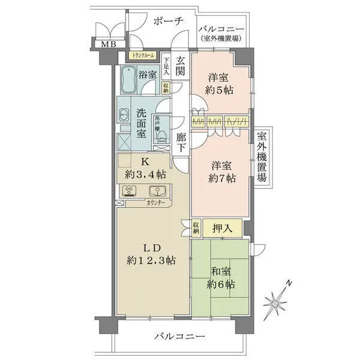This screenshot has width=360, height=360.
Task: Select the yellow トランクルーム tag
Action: tap(140, 56)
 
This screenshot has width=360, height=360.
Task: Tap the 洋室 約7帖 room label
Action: tap(221, 171)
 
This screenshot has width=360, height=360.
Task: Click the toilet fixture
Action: tap(161, 136)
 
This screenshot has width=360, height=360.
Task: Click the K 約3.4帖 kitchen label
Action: tap(144, 169)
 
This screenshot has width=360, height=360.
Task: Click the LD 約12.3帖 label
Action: tap(151, 253)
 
